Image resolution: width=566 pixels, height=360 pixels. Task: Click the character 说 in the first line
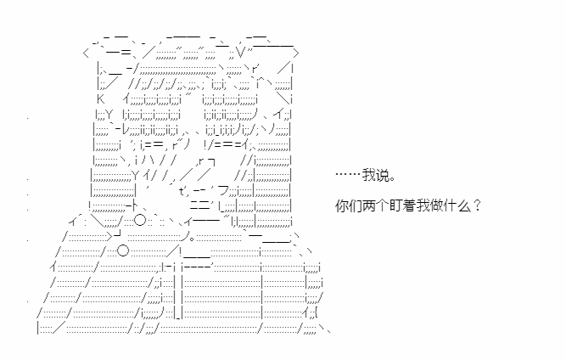point(382,175)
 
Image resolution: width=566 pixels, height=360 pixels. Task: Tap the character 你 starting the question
point(341,205)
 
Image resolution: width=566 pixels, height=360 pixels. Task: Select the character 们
point(355,205)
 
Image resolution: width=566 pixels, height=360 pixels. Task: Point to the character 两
point(368,205)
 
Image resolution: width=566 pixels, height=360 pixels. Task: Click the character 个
point(382,205)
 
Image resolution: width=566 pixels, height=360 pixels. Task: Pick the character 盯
point(395,205)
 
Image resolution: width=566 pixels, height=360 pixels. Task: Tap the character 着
point(409,205)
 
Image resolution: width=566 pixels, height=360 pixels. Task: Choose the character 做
point(436,205)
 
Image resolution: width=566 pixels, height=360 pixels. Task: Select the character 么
point(463,205)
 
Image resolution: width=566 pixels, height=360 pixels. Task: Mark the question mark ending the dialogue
point(477,205)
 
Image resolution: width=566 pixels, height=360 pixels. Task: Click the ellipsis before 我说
point(348,175)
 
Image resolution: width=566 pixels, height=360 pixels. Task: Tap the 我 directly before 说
point(369,175)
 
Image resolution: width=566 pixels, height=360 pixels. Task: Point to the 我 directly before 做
point(423,205)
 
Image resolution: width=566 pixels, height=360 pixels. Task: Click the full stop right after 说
point(392,179)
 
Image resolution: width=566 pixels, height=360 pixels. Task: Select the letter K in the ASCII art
point(100,98)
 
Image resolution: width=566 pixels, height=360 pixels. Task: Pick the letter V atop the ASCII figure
point(242,53)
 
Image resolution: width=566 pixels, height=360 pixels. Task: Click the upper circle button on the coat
point(140,220)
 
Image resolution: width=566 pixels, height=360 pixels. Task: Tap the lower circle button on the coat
point(123,250)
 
